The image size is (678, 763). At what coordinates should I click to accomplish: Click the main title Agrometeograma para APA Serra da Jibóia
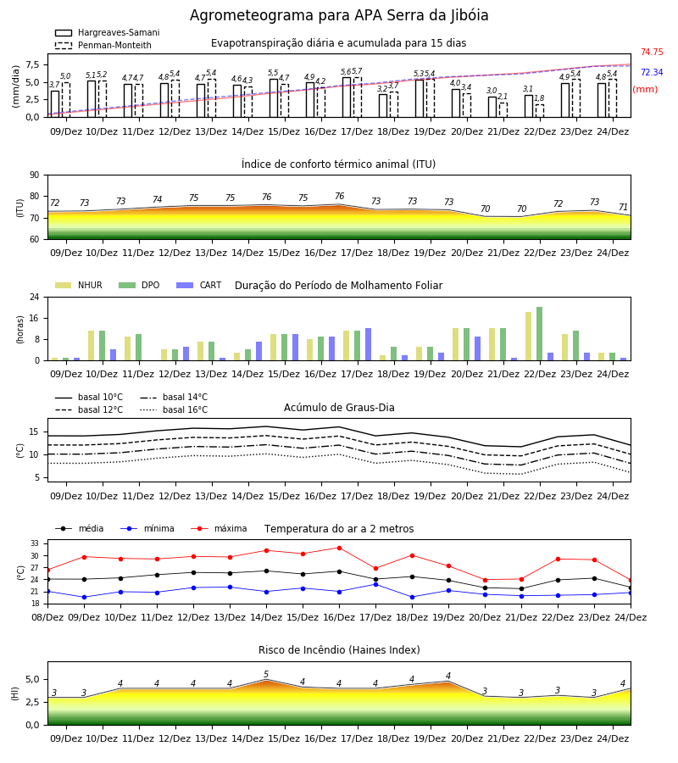tap(339, 15)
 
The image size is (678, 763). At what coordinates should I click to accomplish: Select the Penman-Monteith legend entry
tap(103, 45)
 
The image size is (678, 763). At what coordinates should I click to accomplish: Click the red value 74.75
tap(652, 52)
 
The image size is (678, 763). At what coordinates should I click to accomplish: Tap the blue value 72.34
tap(652, 73)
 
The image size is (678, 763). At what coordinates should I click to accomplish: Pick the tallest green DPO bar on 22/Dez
tap(539, 334)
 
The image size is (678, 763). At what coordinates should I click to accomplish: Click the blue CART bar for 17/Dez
tap(368, 344)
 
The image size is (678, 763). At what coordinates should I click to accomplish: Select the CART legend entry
tap(199, 285)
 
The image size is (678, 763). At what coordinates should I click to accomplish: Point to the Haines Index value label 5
tap(266, 674)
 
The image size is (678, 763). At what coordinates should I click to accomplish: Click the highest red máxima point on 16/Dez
tap(340, 548)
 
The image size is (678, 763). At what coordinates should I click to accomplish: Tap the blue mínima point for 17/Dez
tap(375, 584)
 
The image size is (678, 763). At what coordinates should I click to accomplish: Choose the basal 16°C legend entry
tap(174, 410)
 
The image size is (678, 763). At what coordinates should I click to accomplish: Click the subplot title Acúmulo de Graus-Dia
tap(339, 408)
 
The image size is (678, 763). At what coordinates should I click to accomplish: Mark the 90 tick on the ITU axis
tap(35, 175)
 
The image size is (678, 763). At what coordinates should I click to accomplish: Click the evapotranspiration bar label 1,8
tap(539, 98)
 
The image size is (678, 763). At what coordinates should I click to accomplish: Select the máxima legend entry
tap(219, 528)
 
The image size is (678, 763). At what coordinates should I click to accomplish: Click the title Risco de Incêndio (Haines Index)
tap(339, 650)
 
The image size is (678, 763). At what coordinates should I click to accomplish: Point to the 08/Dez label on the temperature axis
tap(47, 617)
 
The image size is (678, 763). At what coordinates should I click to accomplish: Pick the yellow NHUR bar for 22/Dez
tap(528, 337)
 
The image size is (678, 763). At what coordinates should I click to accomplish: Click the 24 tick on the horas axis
tap(35, 297)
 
